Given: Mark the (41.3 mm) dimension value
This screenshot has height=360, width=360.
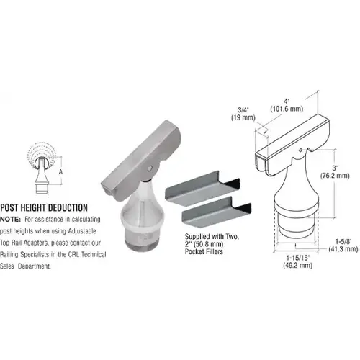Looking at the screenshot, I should point(341,249).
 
